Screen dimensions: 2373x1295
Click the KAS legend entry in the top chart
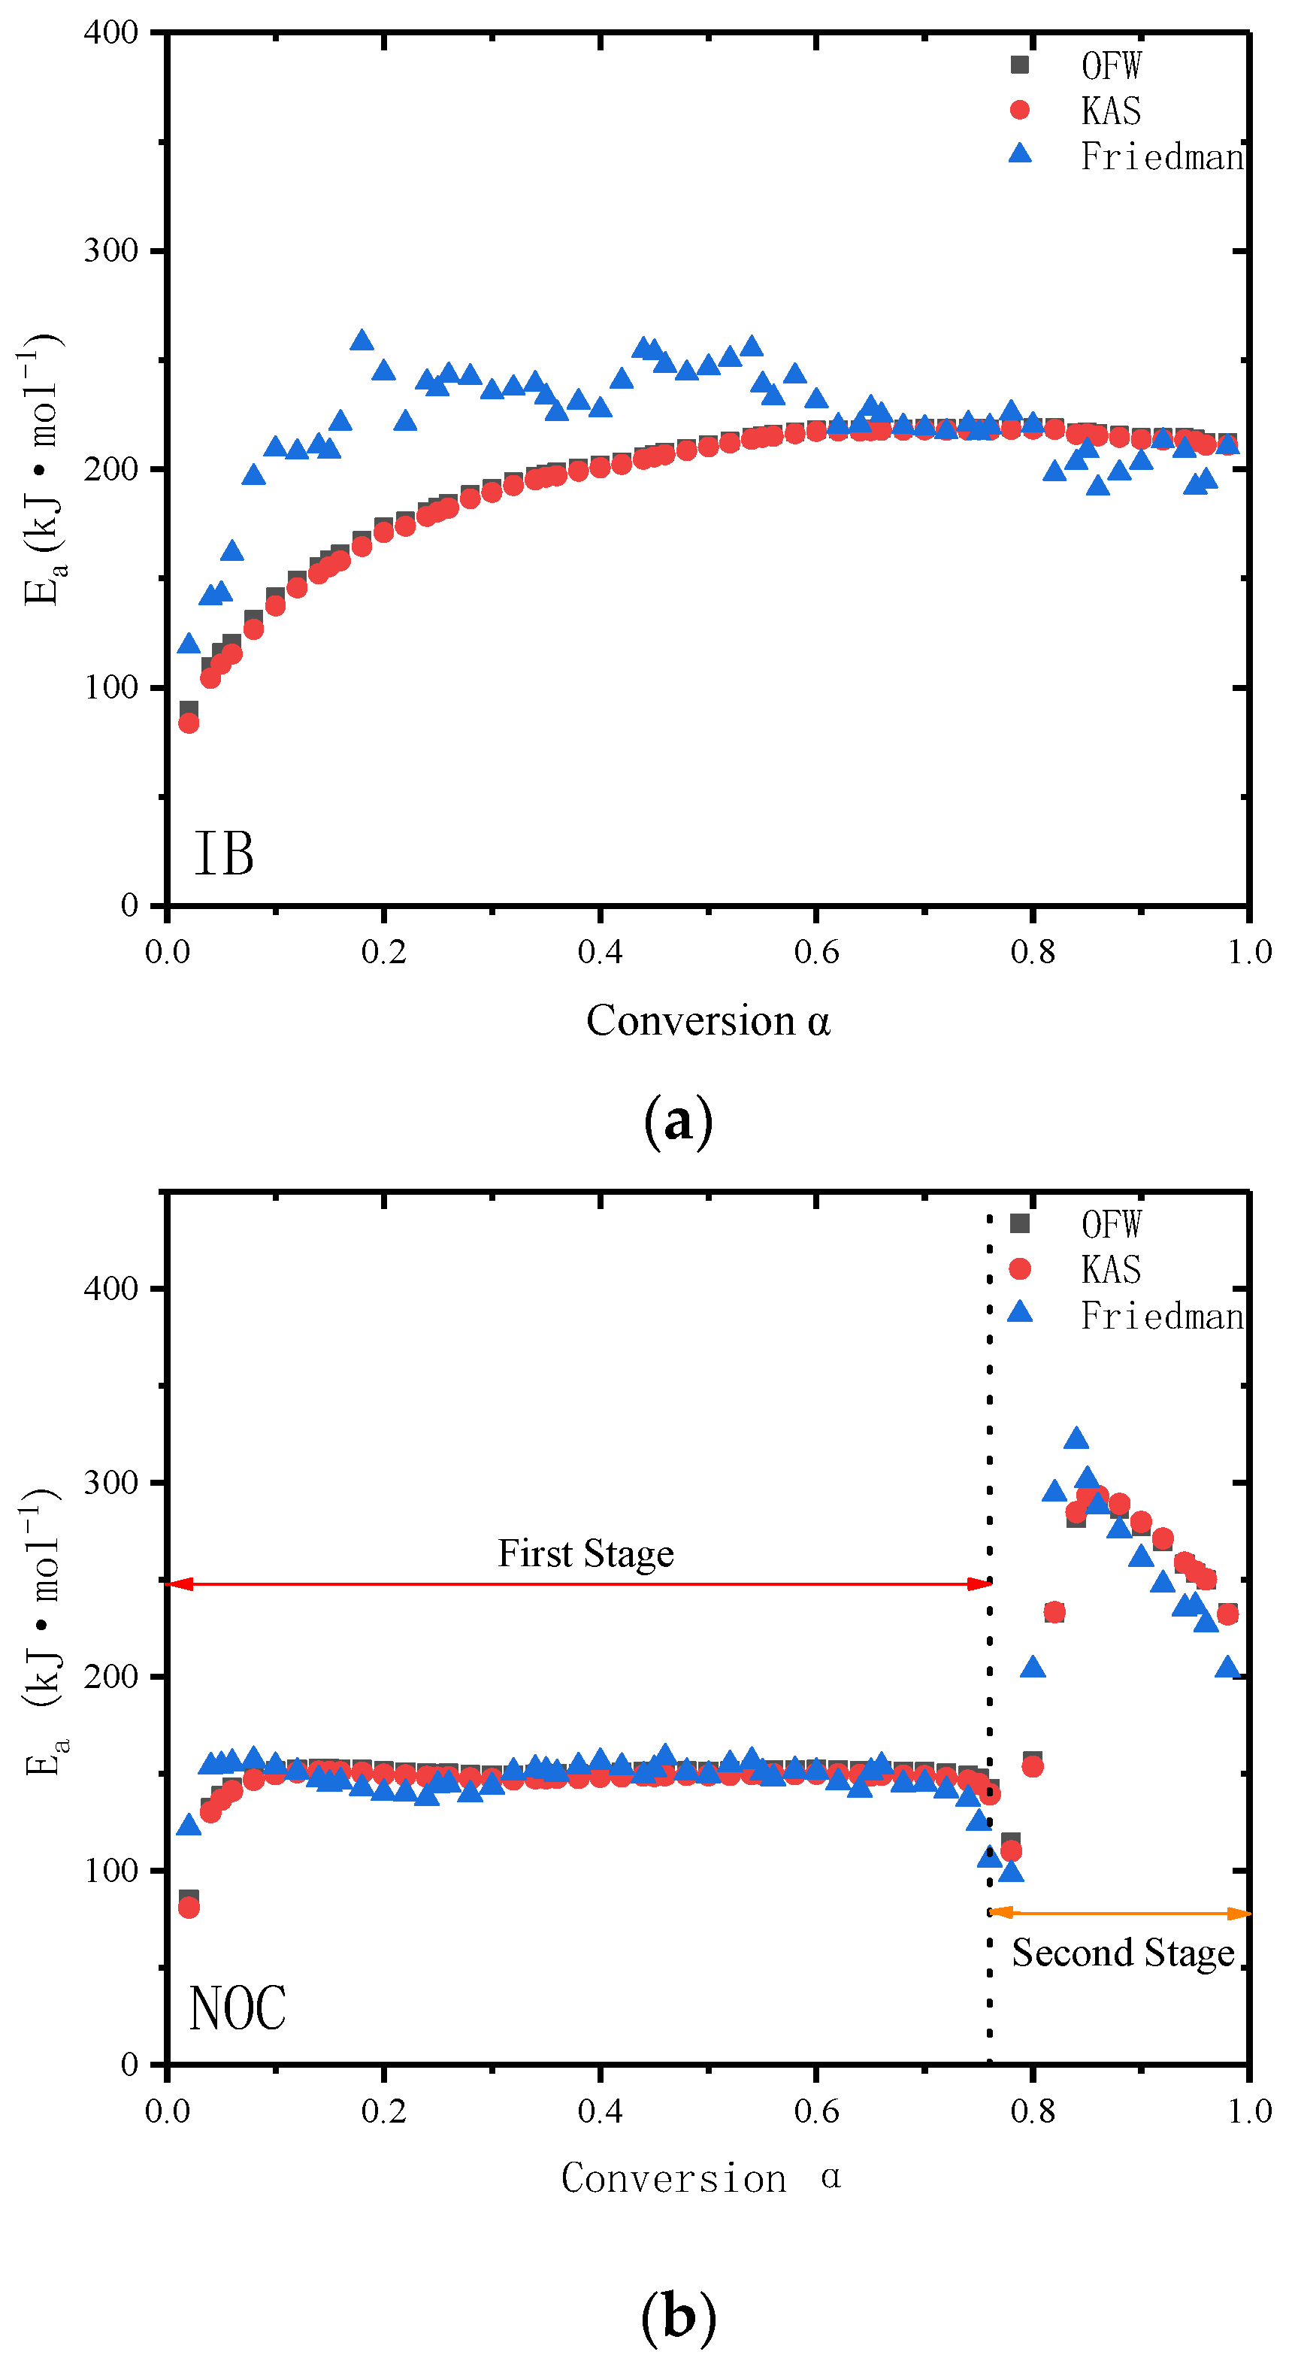[1110, 111]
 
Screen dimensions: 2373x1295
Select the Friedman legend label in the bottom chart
[1160, 1317]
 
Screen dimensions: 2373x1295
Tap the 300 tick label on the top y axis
[110, 250]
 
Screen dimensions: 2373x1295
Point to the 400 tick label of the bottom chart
[110, 1288]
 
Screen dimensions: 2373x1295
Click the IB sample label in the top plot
[224, 854]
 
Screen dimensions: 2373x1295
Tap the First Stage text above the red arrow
[585, 1553]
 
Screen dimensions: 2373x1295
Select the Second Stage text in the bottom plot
[1123, 1952]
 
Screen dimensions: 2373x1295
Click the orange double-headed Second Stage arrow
[1119, 1914]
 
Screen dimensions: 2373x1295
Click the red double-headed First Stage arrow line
[579, 1584]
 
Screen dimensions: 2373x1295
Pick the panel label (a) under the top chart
[678, 1121]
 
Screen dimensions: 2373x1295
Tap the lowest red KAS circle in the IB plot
[189, 723]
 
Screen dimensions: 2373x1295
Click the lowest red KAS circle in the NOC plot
[189, 1908]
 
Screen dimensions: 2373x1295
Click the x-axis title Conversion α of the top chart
[707, 1020]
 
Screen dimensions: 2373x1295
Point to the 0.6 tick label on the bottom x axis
[816, 2111]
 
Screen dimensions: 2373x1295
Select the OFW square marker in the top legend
[1020, 65]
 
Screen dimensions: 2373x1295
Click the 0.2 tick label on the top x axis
[383, 953]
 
